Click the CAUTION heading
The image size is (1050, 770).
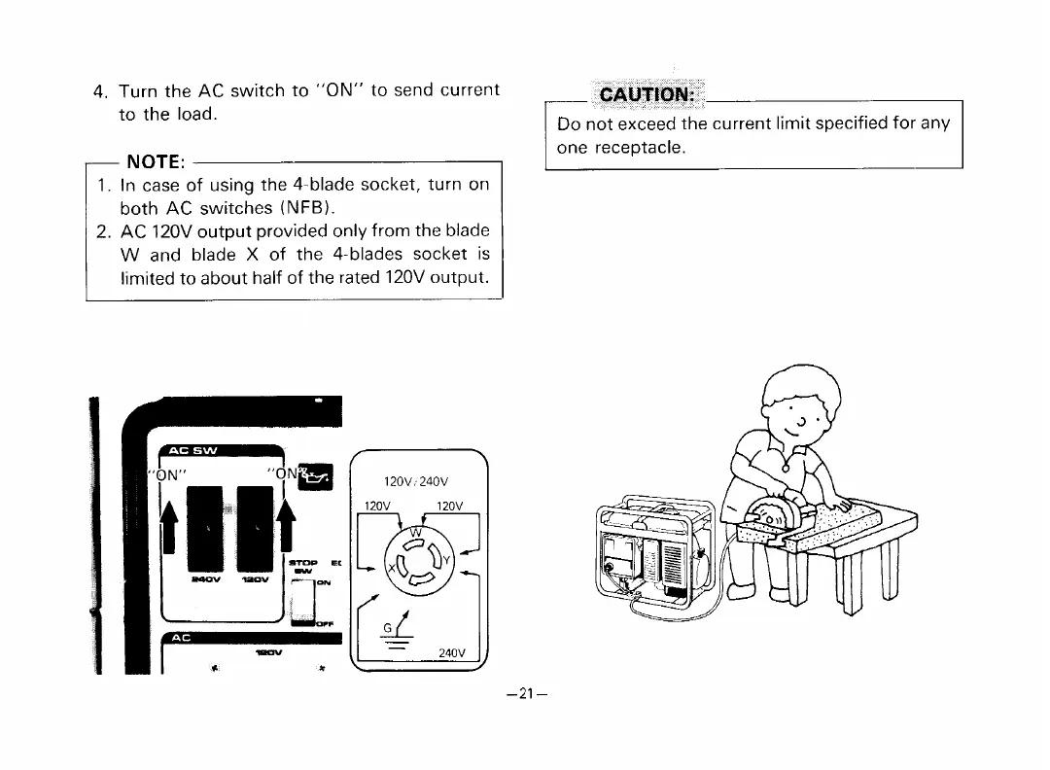pyautogui.click(x=646, y=94)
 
